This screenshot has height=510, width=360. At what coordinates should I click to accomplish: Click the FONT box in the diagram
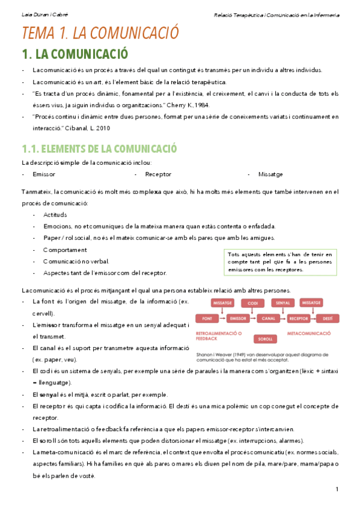click(207, 318)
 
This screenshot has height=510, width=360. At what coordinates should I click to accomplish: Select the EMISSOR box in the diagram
click(239, 318)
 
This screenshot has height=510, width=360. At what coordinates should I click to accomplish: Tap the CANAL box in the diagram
click(268, 318)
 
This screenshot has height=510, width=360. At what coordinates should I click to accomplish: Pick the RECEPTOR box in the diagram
click(298, 318)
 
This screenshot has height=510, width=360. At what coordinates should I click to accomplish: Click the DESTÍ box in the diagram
click(328, 318)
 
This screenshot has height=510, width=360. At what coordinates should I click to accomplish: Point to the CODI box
click(253, 303)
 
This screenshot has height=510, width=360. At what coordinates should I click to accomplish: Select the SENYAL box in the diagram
click(283, 303)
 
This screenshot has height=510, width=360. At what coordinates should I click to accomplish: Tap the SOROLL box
click(264, 339)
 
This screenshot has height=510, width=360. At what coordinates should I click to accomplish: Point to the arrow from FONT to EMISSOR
click(223, 318)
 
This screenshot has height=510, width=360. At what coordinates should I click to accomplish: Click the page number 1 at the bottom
click(338, 488)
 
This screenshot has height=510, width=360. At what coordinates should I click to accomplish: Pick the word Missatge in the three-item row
click(270, 174)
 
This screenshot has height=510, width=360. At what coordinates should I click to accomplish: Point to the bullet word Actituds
click(55, 215)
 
